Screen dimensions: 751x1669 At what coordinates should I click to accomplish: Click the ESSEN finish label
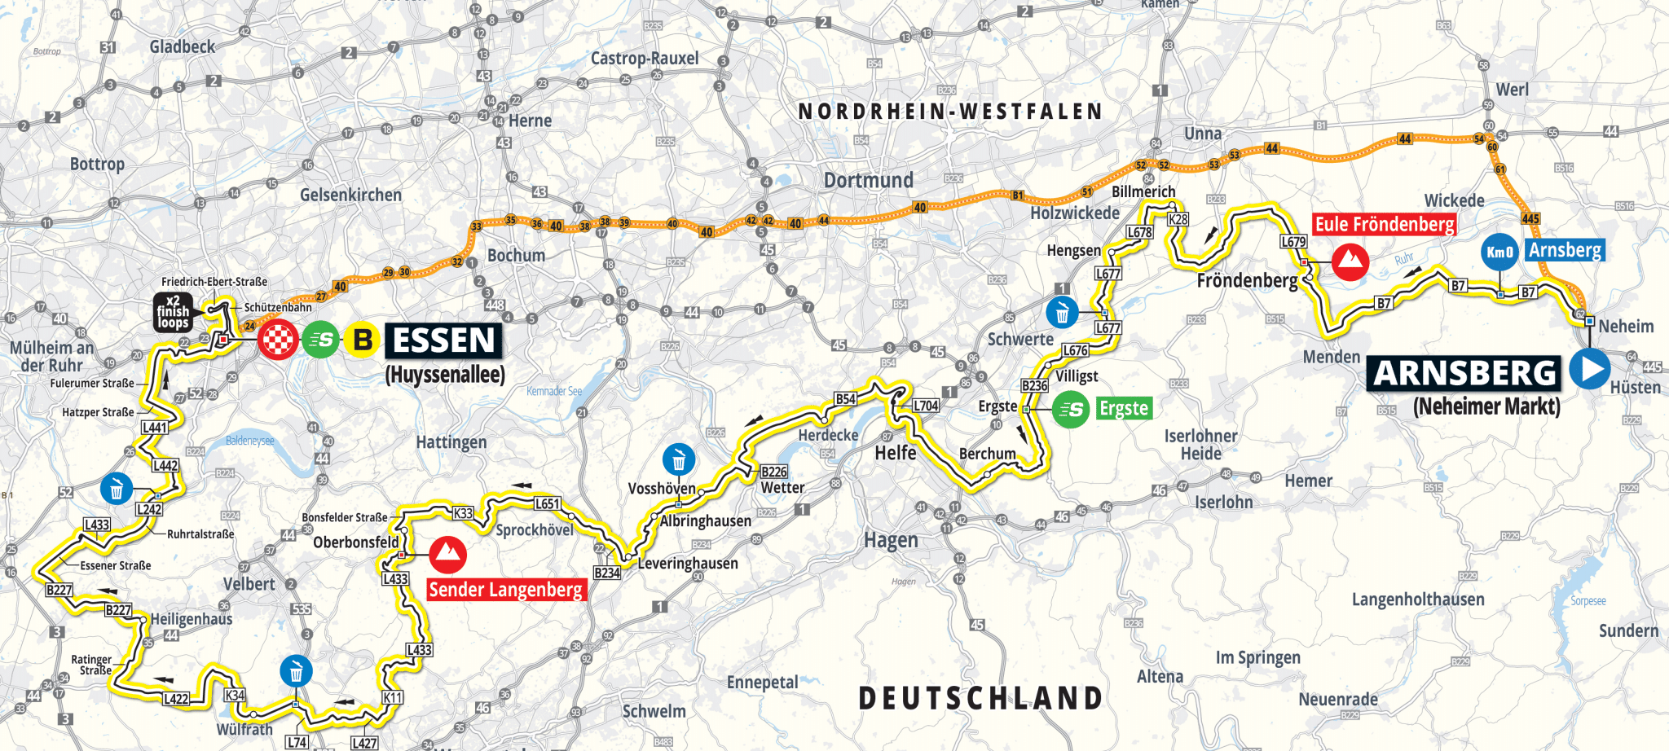(x=443, y=340)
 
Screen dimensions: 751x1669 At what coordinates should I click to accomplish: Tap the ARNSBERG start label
(x=1464, y=373)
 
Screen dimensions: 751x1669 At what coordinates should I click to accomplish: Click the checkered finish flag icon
(x=278, y=340)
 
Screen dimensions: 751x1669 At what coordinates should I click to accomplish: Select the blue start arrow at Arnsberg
(x=1589, y=368)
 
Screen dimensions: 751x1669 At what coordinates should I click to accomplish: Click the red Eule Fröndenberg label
(x=1384, y=224)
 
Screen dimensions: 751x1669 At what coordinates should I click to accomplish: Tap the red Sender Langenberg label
(x=506, y=590)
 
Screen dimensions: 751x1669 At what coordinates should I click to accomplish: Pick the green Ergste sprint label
(x=1123, y=408)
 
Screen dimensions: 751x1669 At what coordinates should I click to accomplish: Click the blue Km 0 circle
(x=1499, y=252)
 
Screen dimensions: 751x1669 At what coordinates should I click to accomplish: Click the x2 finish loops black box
(x=173, y=312)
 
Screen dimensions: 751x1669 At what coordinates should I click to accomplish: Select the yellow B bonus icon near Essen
(x=363, y=340)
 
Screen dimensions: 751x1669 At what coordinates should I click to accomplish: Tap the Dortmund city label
(x=868, y=180)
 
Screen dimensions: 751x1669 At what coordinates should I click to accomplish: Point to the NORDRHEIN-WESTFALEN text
(x=950, y=112)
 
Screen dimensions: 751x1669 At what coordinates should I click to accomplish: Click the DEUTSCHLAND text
(x=980, y=698)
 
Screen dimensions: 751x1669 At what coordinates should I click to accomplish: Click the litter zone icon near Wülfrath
(x=296, y=672)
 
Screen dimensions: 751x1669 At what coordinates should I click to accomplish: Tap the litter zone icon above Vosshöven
(x=679, y=460)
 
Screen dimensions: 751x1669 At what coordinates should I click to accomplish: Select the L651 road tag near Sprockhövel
(x=547, y=504)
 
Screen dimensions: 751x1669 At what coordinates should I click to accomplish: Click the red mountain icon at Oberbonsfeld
(x=447, y=555)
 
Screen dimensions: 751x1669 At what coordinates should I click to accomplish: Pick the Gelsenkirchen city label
(x=350, y=195)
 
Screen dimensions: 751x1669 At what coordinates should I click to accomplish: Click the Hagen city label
(x=891, y=540)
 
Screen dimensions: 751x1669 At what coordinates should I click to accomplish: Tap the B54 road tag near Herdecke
(x=845, y=399)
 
